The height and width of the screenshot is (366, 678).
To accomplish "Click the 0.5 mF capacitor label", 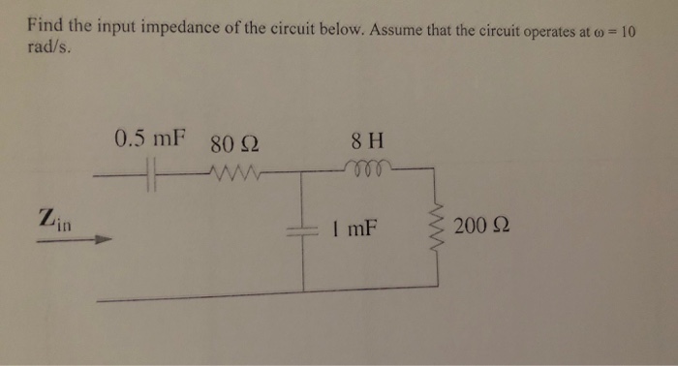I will point(149,137).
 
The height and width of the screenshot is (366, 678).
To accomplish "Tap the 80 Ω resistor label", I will point(233,146).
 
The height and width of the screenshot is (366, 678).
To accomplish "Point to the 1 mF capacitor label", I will point(352,230).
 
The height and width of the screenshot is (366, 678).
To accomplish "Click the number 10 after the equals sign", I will point(627,30).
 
